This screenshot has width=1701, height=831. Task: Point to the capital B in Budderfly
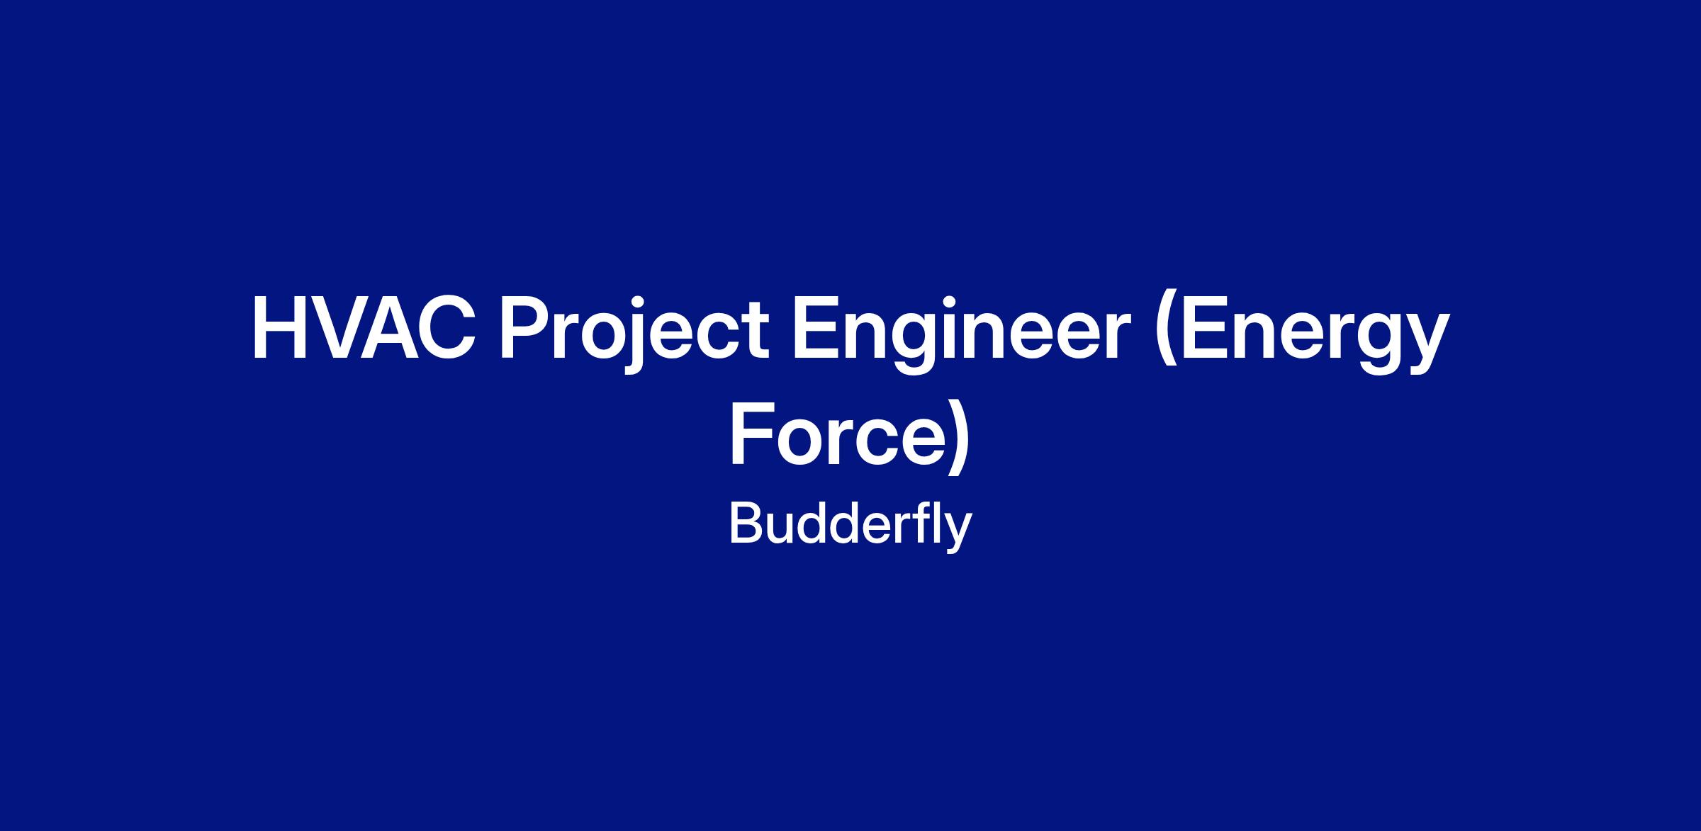point(746,525)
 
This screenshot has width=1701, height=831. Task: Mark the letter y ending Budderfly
point(959,534)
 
